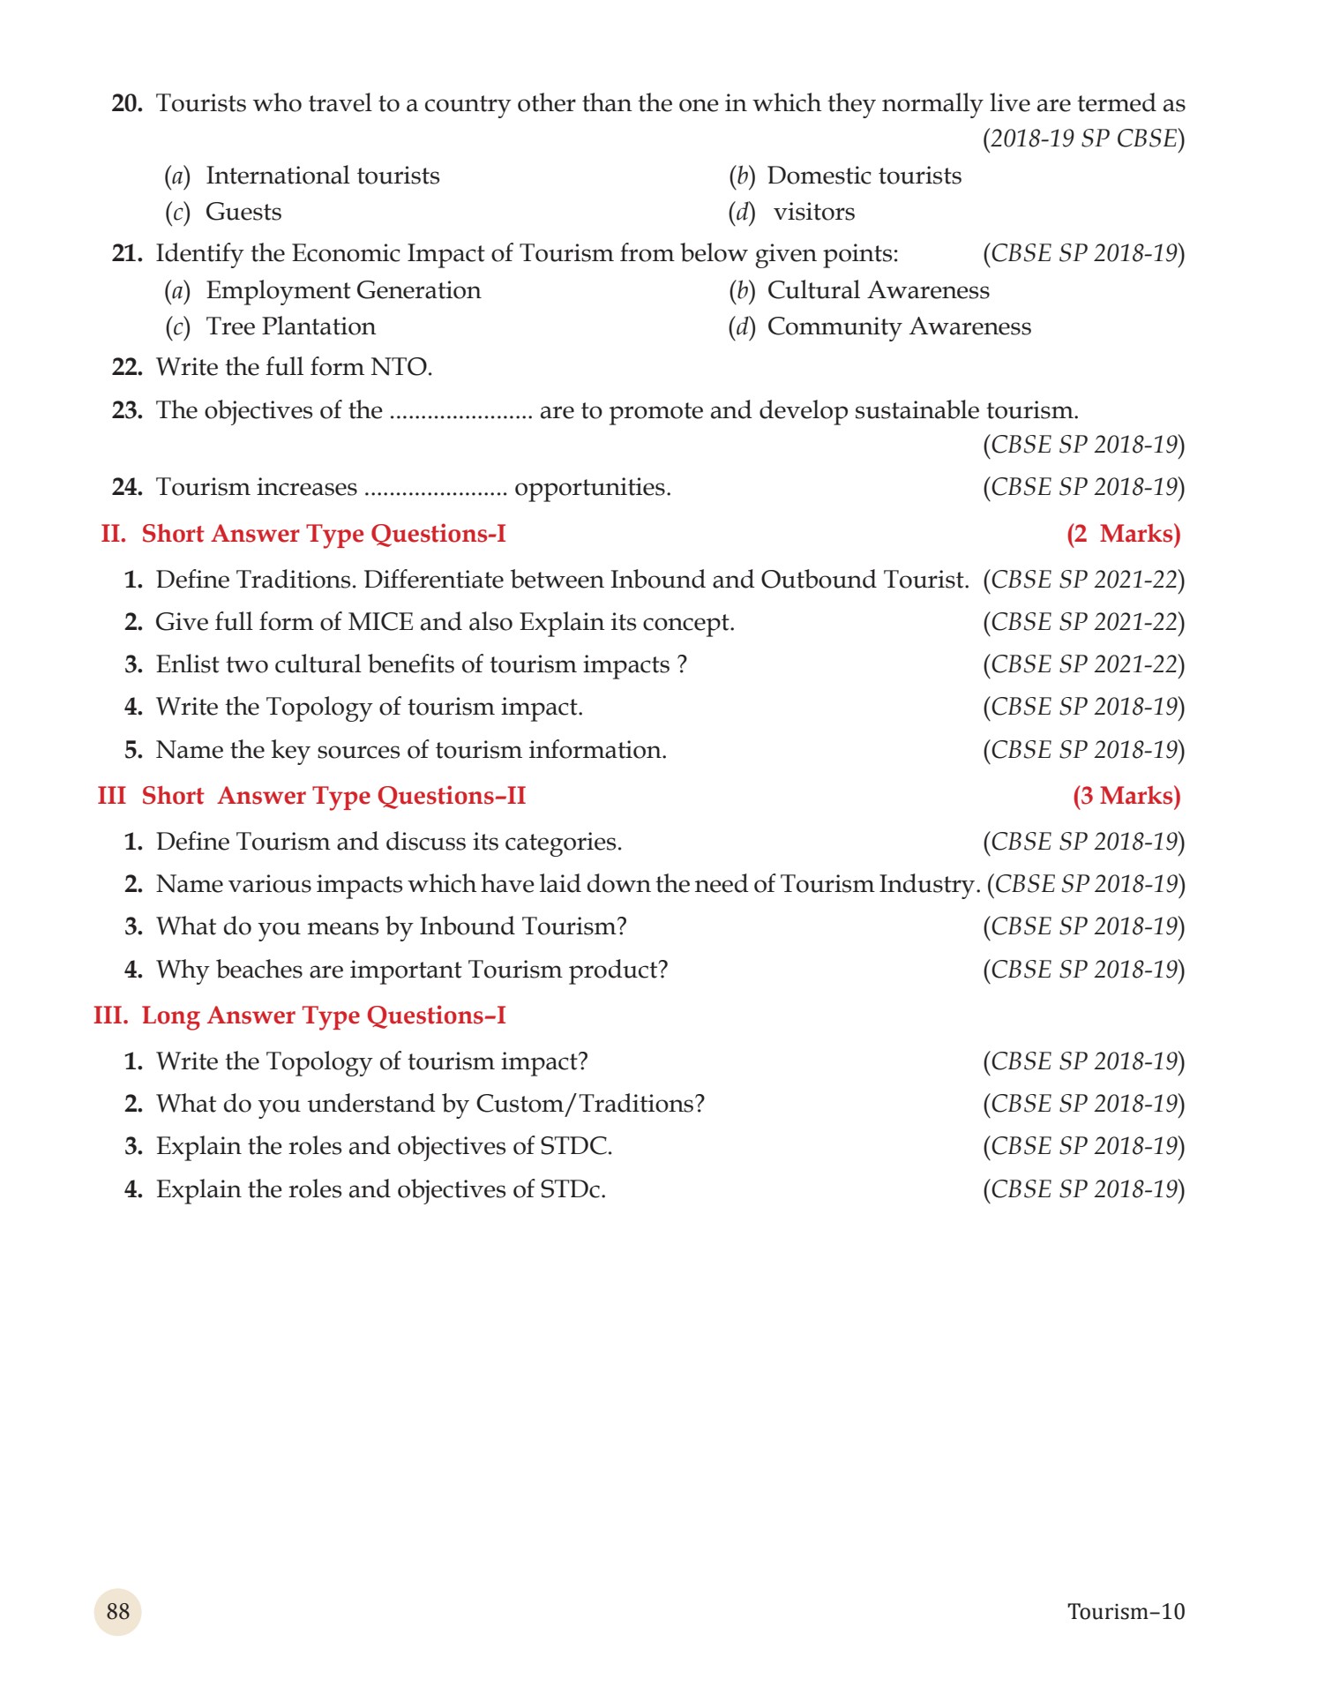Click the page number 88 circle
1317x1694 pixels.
(117, 1611)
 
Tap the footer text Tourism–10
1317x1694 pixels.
(1125, 1611)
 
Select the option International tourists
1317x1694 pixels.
(322, 176)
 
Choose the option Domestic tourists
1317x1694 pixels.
(864, 176)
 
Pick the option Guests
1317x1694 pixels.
(243, 212)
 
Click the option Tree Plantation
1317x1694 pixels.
(290, 326)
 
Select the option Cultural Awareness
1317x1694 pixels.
(878, 290)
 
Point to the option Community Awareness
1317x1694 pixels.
(898, 326)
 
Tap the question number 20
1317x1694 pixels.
(127, 103)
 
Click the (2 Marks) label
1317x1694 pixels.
(1123, 534)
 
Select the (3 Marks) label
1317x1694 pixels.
(1126, 796)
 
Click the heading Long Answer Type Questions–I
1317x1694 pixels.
(323, 1016)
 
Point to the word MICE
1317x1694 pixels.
(380, 622)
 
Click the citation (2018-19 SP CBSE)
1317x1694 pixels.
(1083, 139)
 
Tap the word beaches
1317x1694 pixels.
(259, 970)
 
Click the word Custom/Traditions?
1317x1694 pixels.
(590, 1104)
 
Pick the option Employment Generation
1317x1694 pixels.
(343, 290)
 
